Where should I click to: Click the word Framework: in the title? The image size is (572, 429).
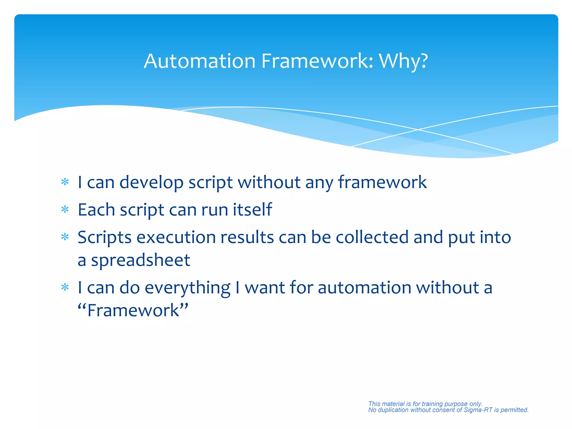(317, 61)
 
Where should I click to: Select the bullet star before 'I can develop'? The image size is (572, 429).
(65, 182)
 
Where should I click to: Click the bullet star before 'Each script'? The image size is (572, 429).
(65, 210)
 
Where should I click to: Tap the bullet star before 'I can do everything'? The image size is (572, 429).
(65, 287)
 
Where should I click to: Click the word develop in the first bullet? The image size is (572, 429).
(151, 183)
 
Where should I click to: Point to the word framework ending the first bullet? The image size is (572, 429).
(382, 182)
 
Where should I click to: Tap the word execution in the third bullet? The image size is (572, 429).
(176, 237)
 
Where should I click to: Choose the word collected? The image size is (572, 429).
(372, 237)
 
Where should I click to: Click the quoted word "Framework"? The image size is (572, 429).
(133, 310)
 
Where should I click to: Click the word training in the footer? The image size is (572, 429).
(432, 404)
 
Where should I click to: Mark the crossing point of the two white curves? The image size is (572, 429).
(418, 130)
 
